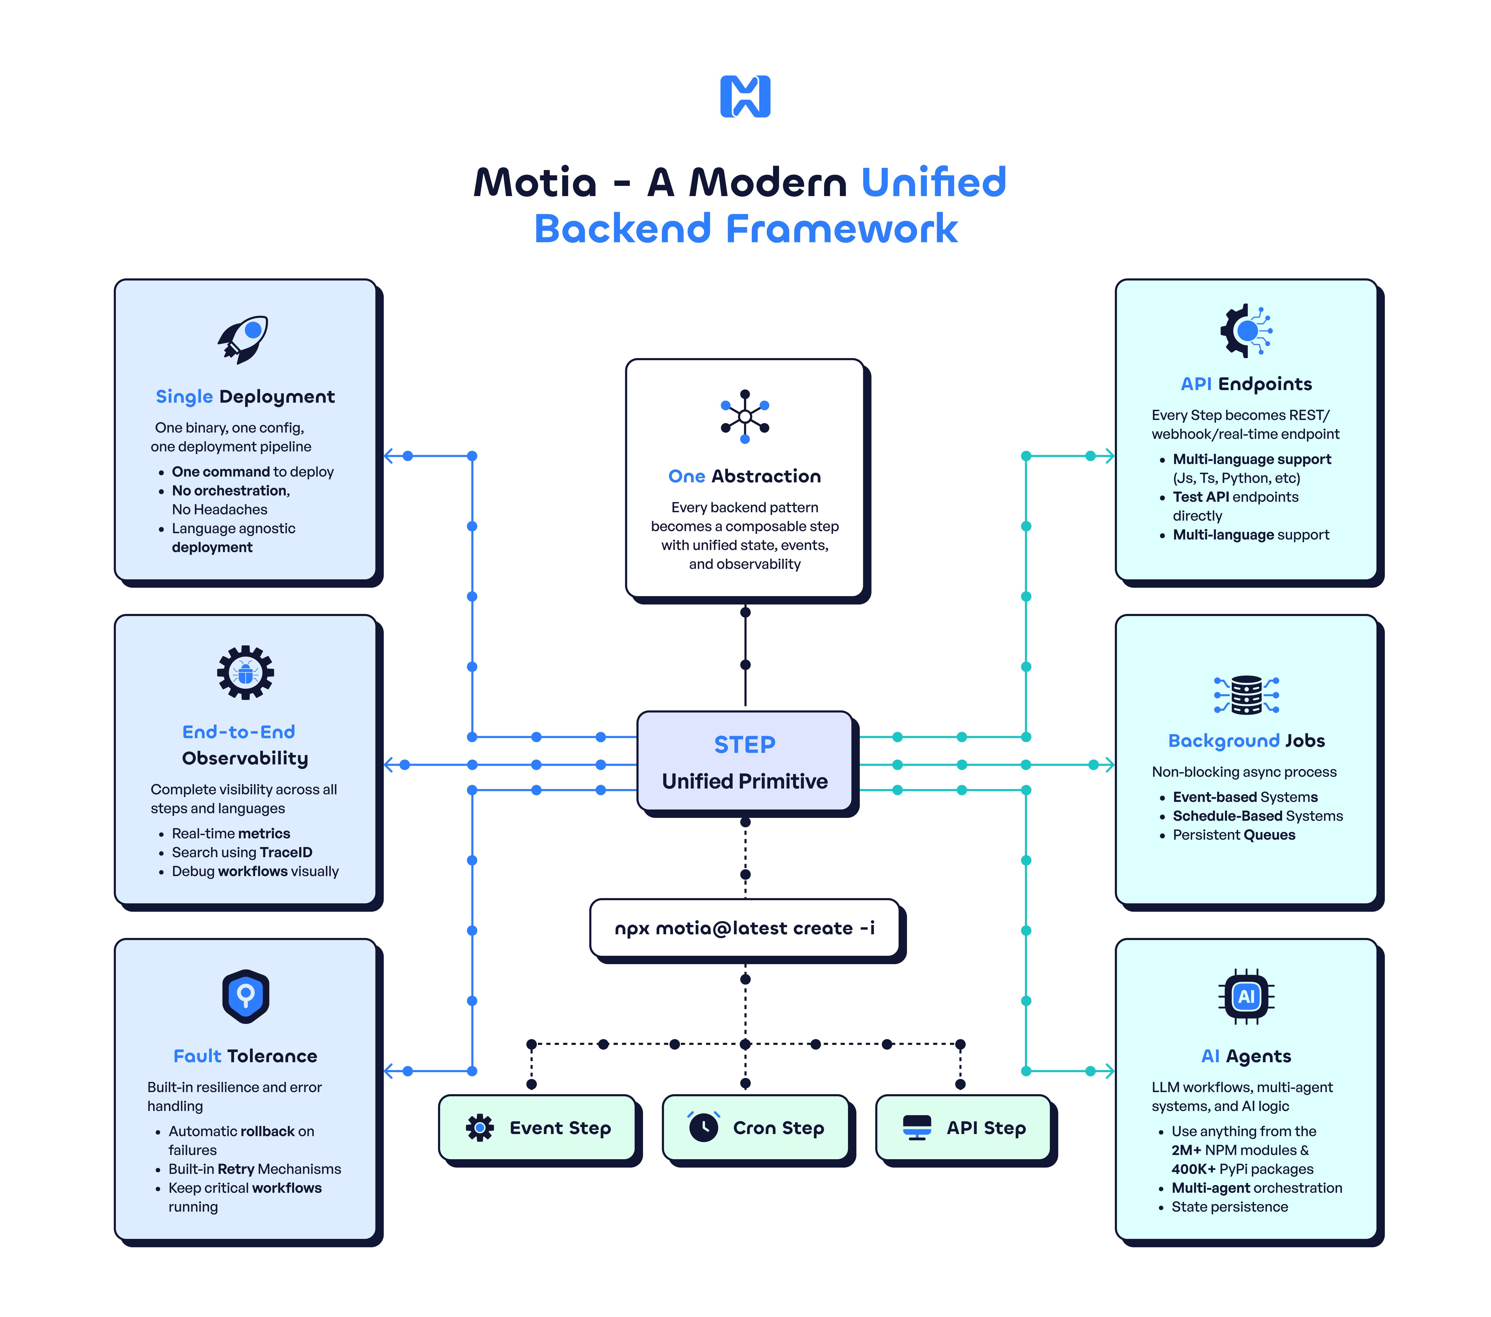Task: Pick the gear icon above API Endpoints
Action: pos(1246,331)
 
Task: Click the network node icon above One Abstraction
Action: pos(745,417)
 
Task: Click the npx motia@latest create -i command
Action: pos(745,928)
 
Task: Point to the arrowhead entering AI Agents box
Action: pos(1109,1071)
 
